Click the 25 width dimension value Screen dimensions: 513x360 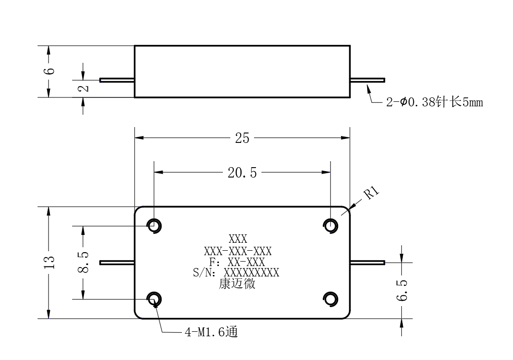point(242,138)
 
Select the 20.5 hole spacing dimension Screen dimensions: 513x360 point(242,173)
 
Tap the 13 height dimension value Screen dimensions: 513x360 point(49,263)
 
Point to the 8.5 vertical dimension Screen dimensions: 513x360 point(83,263)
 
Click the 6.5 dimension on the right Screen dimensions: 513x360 point(402,290)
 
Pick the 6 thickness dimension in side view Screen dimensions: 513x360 point(50,71)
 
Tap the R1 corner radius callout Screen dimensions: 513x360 point(372,193)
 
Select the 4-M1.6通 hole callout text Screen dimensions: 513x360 point(212,332)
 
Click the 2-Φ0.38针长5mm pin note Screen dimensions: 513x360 point(434,102)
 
